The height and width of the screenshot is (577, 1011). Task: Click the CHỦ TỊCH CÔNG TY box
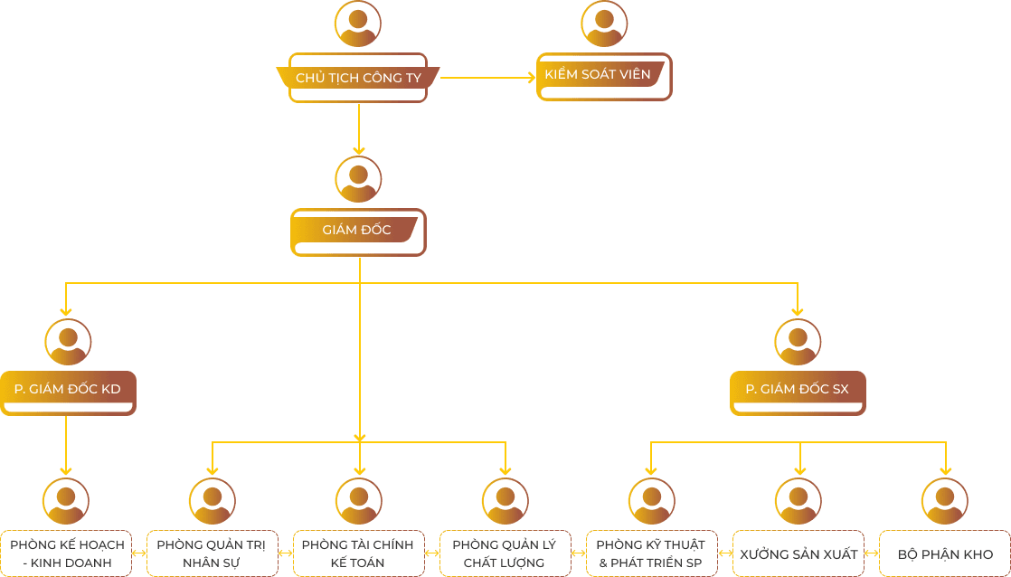pos(358,78)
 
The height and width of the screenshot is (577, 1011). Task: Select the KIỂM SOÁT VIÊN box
pos(604,75)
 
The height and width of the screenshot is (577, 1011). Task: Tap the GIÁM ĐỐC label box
pos(357,231)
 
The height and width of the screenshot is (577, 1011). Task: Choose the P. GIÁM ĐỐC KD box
pos(68,390)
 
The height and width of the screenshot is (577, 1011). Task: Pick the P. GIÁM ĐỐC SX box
pos(797,390)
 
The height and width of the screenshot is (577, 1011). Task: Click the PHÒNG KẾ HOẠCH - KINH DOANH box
pos(67,553)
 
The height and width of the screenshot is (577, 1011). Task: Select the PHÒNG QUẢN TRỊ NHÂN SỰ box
pos(212,553)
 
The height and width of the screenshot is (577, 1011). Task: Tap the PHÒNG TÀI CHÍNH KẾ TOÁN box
pos(357,553)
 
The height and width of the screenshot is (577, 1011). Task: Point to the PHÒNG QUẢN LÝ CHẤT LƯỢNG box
pos(505,553)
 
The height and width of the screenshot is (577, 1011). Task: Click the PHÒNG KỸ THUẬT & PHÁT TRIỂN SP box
pos(651,553)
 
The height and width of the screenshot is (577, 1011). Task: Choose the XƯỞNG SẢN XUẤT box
pos(797,553)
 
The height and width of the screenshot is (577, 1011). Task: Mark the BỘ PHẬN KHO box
pos(945,553)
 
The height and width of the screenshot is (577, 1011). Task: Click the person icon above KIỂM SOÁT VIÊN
pos(604,24)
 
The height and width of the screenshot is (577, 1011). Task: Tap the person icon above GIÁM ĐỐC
pos(358,178)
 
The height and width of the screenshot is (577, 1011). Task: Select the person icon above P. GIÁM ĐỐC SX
pos(798,342)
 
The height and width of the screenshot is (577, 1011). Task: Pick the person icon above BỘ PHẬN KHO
pos(945,501)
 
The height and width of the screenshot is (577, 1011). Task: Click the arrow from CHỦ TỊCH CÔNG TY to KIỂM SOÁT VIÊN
pos(488,78)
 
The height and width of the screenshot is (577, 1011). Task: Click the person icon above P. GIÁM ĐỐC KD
pos(68,342)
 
